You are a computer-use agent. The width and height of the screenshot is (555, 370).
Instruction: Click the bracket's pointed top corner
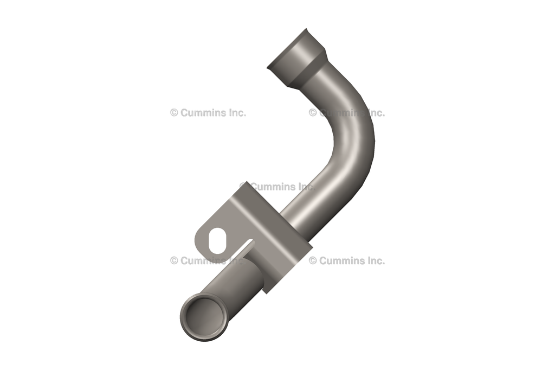pos(247,184)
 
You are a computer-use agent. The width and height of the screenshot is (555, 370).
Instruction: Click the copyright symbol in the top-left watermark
pos(174,113)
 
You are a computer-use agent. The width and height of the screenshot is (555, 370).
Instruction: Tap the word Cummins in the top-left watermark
pos(201,113)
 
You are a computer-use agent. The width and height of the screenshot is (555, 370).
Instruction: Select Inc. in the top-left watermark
pos(235,113)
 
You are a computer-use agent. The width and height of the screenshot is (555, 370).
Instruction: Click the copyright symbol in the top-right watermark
pos(313,113)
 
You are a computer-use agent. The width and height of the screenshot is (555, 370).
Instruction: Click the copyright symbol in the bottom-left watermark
pos(174,260)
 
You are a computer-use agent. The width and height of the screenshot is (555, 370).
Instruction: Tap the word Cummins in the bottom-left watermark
pos(201,260)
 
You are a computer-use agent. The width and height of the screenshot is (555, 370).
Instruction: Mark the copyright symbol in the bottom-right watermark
pos(313,260)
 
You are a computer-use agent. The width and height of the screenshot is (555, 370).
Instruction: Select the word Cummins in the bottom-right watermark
pos(340,260)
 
